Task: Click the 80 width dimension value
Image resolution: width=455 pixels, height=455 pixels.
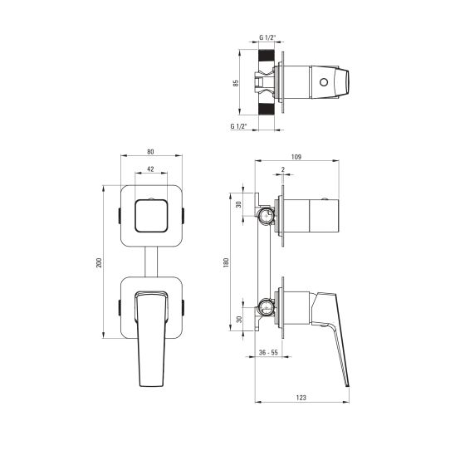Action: pyautogui.click(x=150, y=152)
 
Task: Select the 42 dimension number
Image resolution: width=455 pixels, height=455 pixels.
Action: pyautogui.click(x=150, y=169)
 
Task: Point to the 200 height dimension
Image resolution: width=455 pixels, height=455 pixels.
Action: pyautogui.click(x=100, y=262)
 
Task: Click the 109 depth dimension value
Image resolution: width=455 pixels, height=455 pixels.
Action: pyautogui.click(x=296, y=157)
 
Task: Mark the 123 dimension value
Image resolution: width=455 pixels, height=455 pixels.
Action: pyautogui.click(x=301, y=399)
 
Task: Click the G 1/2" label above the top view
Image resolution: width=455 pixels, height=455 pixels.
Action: pyautogui.click(x=267, y=38)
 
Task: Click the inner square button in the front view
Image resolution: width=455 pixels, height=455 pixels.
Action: pyautogui.click(x=150, y=216)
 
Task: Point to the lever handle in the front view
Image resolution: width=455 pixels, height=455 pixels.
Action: pyautogui.click(x=151, y=340)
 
